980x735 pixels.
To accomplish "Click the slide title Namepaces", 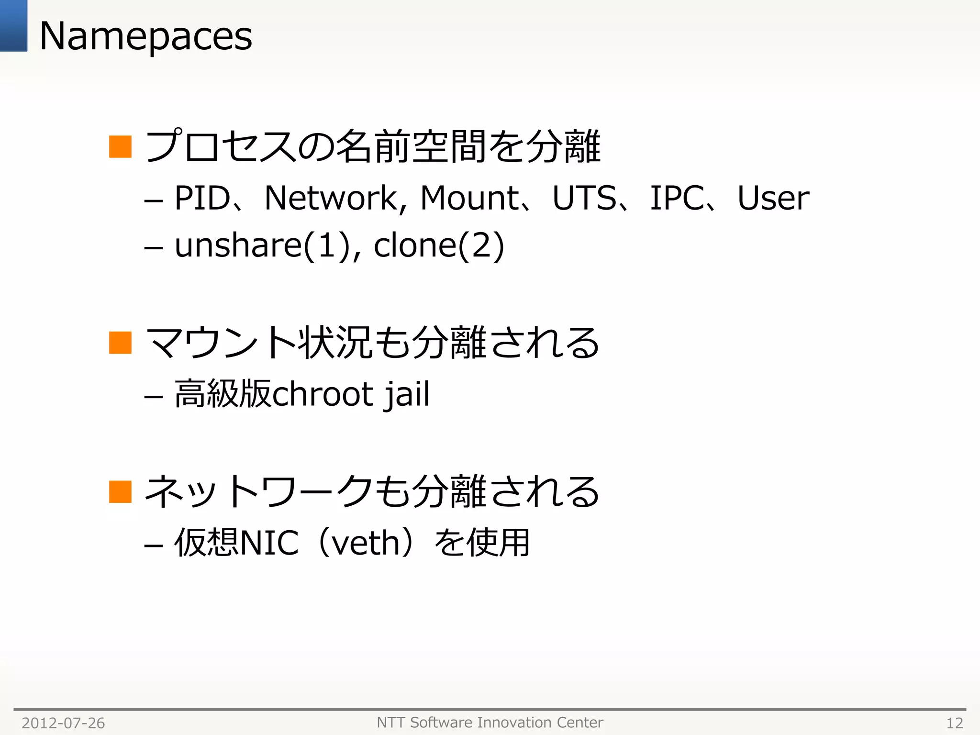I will [x=145, y=36].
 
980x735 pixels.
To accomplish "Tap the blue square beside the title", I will [x=13, y=25].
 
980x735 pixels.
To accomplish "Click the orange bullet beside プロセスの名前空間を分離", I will [x=120, y=146].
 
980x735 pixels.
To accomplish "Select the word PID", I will [x=202, y=198].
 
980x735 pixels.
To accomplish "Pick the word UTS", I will [x=584, y=198].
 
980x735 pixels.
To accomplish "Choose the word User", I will [x=773, y=198].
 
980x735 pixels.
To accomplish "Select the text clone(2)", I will [x=439, y=245].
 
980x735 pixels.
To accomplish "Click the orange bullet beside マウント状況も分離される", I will [x=120, y=343].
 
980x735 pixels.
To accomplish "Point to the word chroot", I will [x=323, y=394].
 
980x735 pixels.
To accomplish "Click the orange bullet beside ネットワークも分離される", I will [x=120, y=491].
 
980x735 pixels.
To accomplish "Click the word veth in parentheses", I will [x=366, y=543].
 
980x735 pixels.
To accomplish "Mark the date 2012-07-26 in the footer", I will [x=63, y=723].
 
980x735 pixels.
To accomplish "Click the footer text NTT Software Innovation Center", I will [x=490, y=722].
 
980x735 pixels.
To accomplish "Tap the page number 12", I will [x=955, y=723].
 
